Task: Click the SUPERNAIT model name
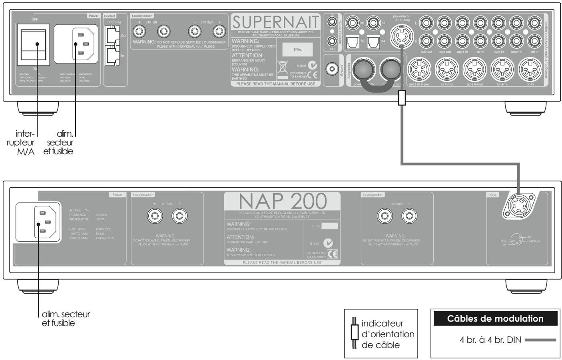click(x=276, y=22)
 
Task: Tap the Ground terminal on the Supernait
click(x=331, y=69)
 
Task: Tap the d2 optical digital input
click(x=357, y=40)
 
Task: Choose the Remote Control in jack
click(x=332, y=21)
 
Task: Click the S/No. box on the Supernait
click(x=295, y=50)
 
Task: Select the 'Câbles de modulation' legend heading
click(x=495, y=319)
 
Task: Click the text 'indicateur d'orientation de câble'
click(x=387, y=334)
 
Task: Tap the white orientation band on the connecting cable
click(x=401, y=97)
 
